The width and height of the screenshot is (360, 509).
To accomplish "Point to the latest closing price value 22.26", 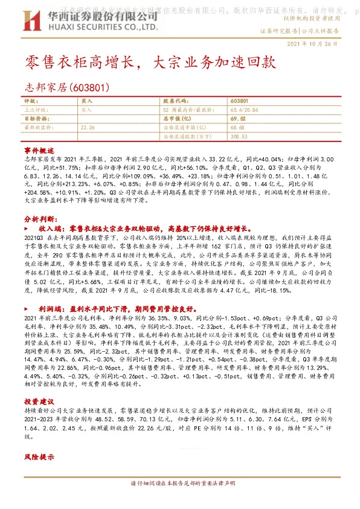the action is [x=88, y=128].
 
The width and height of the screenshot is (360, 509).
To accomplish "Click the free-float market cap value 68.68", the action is [x=237, y=128].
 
